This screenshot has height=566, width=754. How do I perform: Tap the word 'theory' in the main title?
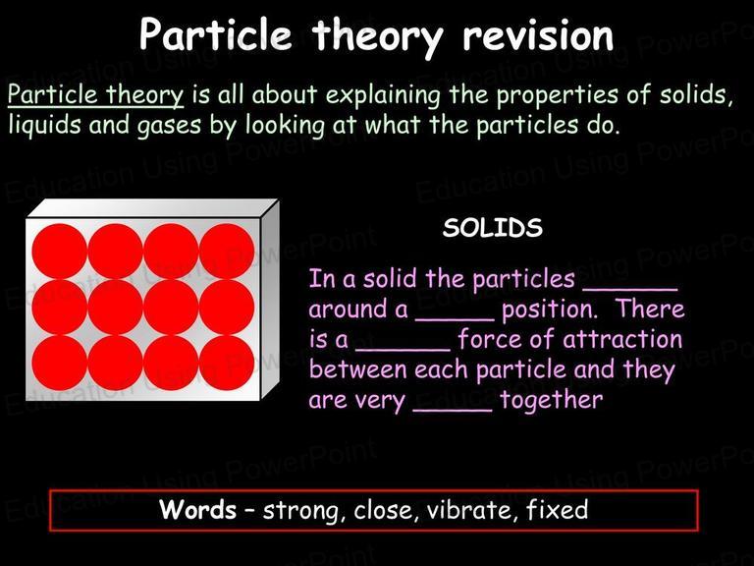tap(377, 37)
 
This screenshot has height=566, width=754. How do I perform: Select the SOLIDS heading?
tap(493, 228)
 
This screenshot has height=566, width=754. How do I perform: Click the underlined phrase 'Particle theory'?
tap(95, 95)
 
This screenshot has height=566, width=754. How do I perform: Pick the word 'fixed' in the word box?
tap(557, 509)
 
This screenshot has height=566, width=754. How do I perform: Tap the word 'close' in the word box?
tap(383, 510)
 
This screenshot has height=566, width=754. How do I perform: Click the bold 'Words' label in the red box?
tap(197, 509)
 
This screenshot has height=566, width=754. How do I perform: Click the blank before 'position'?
tap(455, 319)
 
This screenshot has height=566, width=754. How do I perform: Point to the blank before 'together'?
tap(453, 411)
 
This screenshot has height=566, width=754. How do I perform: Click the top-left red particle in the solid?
tap(60, 252)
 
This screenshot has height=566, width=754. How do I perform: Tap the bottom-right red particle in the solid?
tap(227, 363)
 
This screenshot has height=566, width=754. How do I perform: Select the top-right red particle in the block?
tap(227, 252)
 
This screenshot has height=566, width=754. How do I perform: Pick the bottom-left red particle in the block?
tap(60, 363)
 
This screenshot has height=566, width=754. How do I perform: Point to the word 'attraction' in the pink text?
tap(622, 339)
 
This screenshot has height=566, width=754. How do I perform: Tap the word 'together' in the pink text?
tap(551, 401)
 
